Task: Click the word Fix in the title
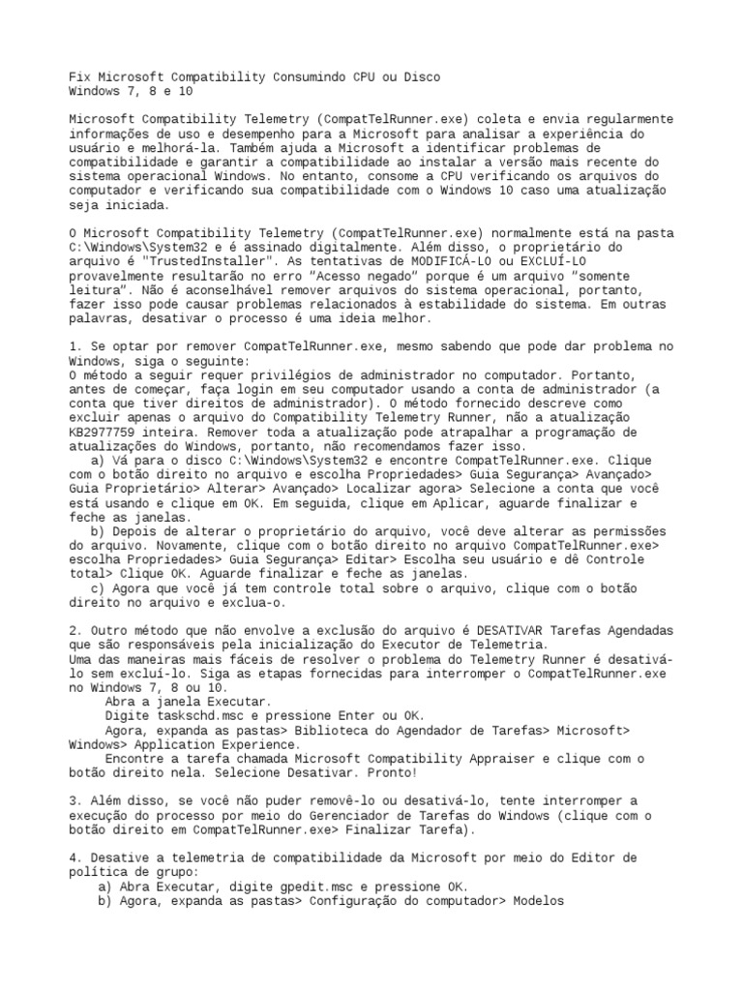[80, 76]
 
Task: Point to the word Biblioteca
[318, 730]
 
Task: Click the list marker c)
[97, 587]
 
